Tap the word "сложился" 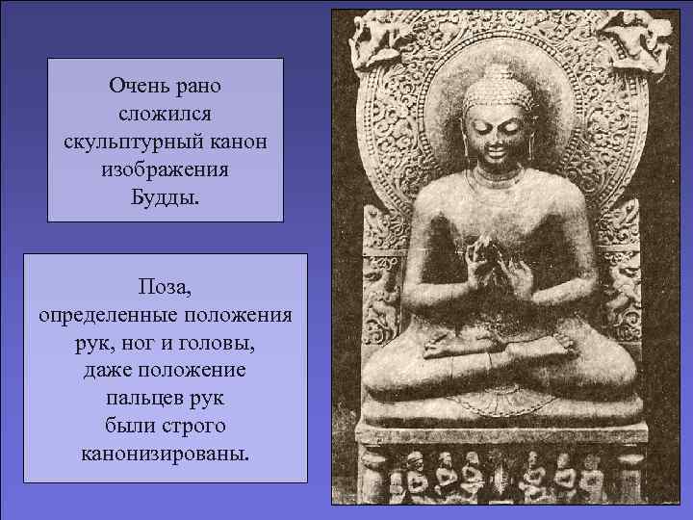166,114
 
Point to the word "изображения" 165,171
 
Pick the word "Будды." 166,199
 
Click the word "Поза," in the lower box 165,287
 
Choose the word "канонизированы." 165,453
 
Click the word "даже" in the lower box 111,371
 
